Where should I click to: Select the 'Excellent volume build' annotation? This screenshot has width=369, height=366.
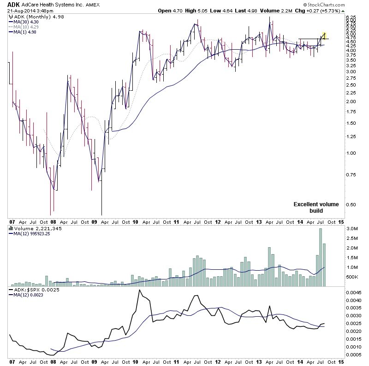[x=316, y=207]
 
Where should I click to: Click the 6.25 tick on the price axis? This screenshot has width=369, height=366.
[x=352, y=17]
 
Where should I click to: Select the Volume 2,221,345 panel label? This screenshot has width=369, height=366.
[x=32, y=228]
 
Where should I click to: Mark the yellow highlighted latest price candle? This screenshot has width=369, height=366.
[x=325, y=35]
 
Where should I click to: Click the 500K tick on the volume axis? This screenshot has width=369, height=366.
[x=352, y=277]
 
